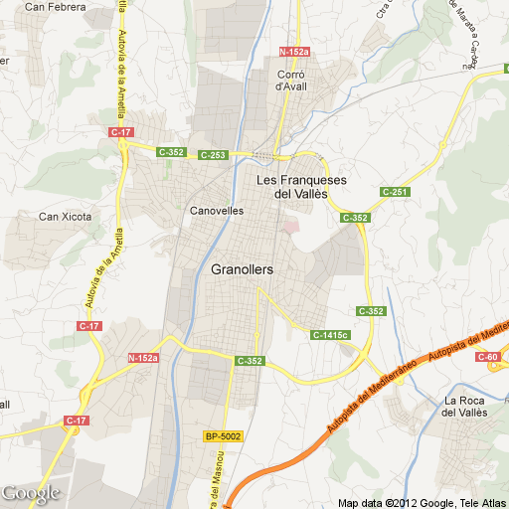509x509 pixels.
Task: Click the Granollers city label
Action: (x=242, y=269)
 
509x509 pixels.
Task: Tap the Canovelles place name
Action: (x=216, y=211)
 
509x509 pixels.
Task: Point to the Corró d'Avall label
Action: (x=295, y=80)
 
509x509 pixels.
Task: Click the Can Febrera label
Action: (x=55, y=7)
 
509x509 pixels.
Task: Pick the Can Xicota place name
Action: (x=65, y=216)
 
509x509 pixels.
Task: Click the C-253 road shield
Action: (x=213, y=155)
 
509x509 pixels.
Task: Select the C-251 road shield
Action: (x=395, y=192)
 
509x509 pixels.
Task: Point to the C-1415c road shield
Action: (x=330, y=335)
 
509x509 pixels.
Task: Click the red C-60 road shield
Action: (x=488, y=356)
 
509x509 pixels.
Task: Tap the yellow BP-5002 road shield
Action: (x=223, y=436)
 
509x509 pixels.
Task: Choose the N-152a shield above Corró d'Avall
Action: (x=295, y=51)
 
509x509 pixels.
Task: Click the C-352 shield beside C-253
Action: (x=171, y=152)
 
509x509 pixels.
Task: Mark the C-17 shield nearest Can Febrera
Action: (x=121, y=131)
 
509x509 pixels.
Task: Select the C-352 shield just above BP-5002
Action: (x=249, y=360)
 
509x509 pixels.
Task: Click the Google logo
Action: (x=30, y=493)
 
